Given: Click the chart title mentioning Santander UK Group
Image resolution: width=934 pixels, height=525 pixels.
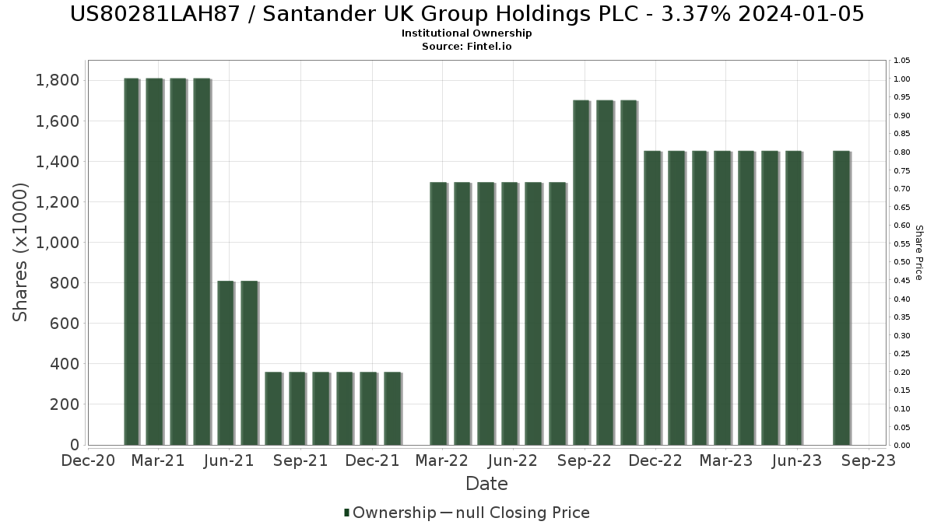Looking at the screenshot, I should (467, 14).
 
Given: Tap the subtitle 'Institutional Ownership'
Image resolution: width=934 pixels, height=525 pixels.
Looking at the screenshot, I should (467, 33).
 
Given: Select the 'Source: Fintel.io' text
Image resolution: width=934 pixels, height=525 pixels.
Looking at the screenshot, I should (467, 47).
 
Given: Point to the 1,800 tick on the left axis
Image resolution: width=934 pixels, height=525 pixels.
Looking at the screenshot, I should (57, 80).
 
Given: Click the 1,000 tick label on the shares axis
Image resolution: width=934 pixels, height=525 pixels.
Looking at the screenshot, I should (57, 243).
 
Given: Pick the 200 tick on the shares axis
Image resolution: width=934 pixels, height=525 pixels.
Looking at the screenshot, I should (64, 404).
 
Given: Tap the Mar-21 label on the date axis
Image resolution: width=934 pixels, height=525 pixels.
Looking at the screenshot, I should (159, 460).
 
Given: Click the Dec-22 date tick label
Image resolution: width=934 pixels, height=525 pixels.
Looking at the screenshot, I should (655, 460).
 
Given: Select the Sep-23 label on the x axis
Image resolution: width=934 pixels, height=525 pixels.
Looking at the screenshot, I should (869, 460).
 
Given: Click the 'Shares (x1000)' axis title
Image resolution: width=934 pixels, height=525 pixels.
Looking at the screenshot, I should (21, 252).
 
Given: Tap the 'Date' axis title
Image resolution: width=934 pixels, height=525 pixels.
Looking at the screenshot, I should (486, 484).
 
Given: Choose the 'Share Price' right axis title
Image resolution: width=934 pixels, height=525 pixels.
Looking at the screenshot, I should (918, 252).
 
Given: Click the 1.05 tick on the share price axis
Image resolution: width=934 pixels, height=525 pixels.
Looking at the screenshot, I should (902, 61).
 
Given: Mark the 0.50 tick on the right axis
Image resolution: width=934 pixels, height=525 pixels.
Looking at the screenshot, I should (902, 262).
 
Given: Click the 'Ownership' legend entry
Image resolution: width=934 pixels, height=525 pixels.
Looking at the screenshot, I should (394, 513).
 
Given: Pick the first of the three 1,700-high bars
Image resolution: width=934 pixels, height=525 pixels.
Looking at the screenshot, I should (581, 272).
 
